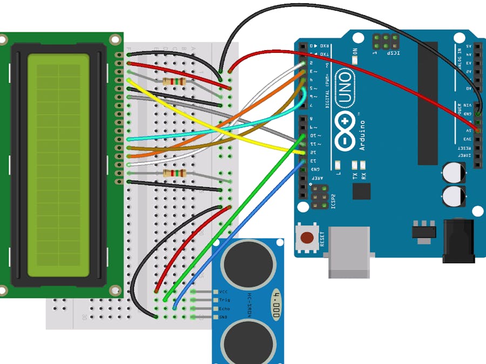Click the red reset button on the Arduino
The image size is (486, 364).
tap(308, 237)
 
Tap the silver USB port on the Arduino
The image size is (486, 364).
tap(350, 252)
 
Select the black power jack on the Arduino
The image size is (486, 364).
tap(458, 241)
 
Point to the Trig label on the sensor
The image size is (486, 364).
tap(225, 300)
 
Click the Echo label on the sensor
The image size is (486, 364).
tap(225, 308)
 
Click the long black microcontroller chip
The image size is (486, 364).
tap(427, 102)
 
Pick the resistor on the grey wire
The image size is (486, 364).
tap(173, 81)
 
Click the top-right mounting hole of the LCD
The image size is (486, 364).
tap(115, 39)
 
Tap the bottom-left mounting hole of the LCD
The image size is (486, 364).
tap(3, 291)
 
